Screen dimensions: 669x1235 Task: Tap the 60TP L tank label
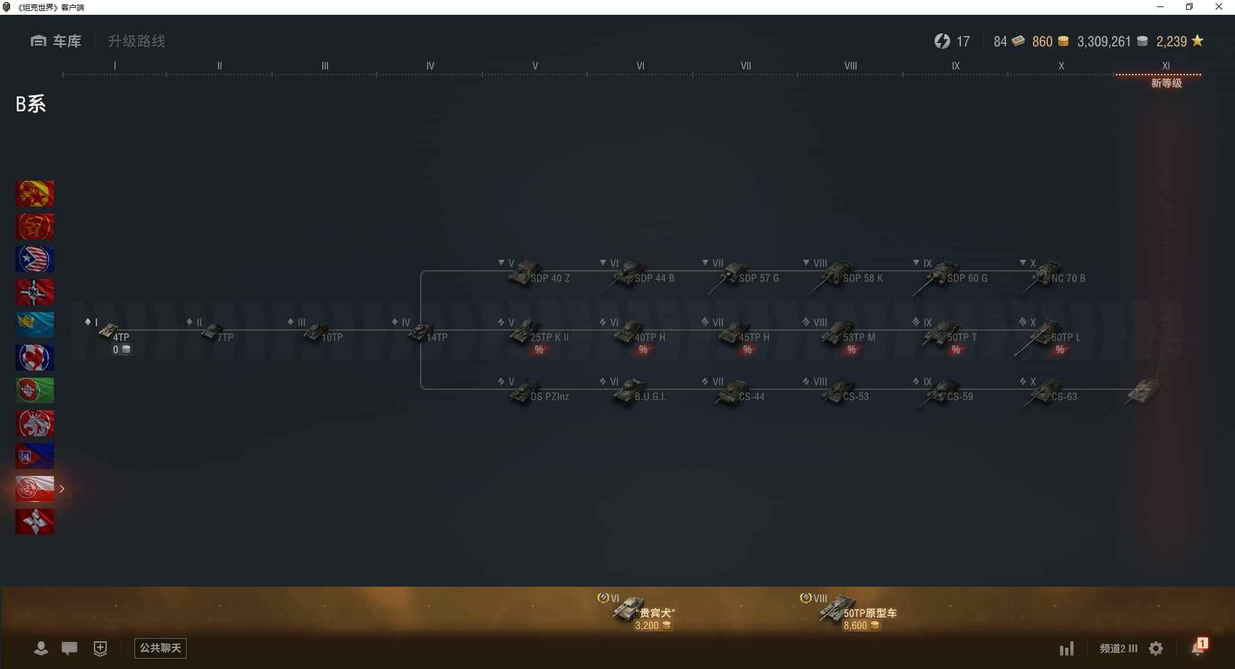click(1066, 337)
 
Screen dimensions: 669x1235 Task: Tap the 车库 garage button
click(57, 41)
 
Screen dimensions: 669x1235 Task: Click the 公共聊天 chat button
click(160, 648)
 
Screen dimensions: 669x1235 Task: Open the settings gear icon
click(1156, 648)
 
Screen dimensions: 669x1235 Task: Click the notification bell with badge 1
click(1198, 647)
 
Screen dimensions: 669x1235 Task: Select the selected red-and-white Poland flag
click(35, 489)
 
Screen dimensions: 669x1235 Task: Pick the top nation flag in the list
click(35, 194)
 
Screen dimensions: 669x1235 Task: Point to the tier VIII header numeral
click(850, 66)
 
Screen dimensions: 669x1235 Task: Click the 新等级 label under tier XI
click(1166, 83)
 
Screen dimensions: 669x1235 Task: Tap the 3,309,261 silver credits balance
click(1104, 42)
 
